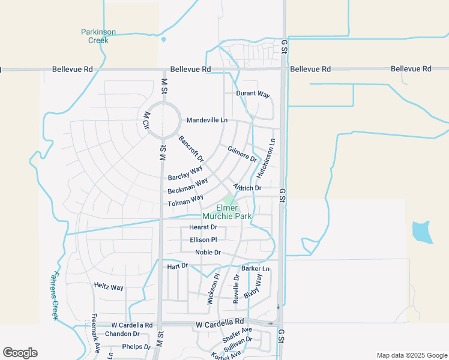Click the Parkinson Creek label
pyautogui.click(x=94, y=36)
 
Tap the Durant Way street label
pyautogui.click(x=253, y=94)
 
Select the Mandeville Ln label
pyautogui.click(x=207, y=120)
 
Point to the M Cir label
pyautogui.click(x=146, y=121)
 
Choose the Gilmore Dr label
pyautogui.click(x=242, y=154)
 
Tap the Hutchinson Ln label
pyautogui.click(x=266, y=159)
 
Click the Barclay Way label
pyautogui.click(x=185, y=173)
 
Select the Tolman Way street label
pyautogui.click(x=185, y=200)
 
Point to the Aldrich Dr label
pyautogui.click(x=247, y=188)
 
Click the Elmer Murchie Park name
pyautogui.click(x=228, y=212)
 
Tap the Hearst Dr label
pyautogui.click(x=203, y=227)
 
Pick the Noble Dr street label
pyautogui.click(x=208, y=253)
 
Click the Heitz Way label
pyautogui.click(x=109, y=287)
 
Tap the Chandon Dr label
pyautogui.click(x=122, y=334)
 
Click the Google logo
pyautogui.click(x=20, y=353)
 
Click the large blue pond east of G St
pyautogui.click(x=423, y=232)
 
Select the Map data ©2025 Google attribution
pyautogui.click(x=411, y=355)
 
